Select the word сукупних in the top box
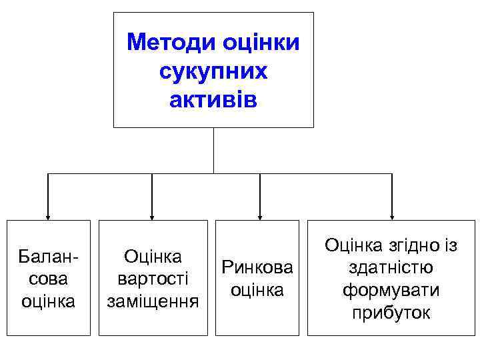[213, 71]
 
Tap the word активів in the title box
[213, 99]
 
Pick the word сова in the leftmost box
[48, 278]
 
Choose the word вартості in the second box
[153, 278]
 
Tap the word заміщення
[153, 301]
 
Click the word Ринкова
[257, 268]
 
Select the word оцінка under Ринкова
[257, 291]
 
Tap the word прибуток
[391, 313]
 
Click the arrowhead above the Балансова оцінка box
[48, 216]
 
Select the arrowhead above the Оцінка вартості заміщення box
[153, 216]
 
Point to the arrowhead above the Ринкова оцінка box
[259, 216]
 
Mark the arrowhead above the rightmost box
[392, 216]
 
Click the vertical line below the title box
[213, 150]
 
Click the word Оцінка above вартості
[153, 256]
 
